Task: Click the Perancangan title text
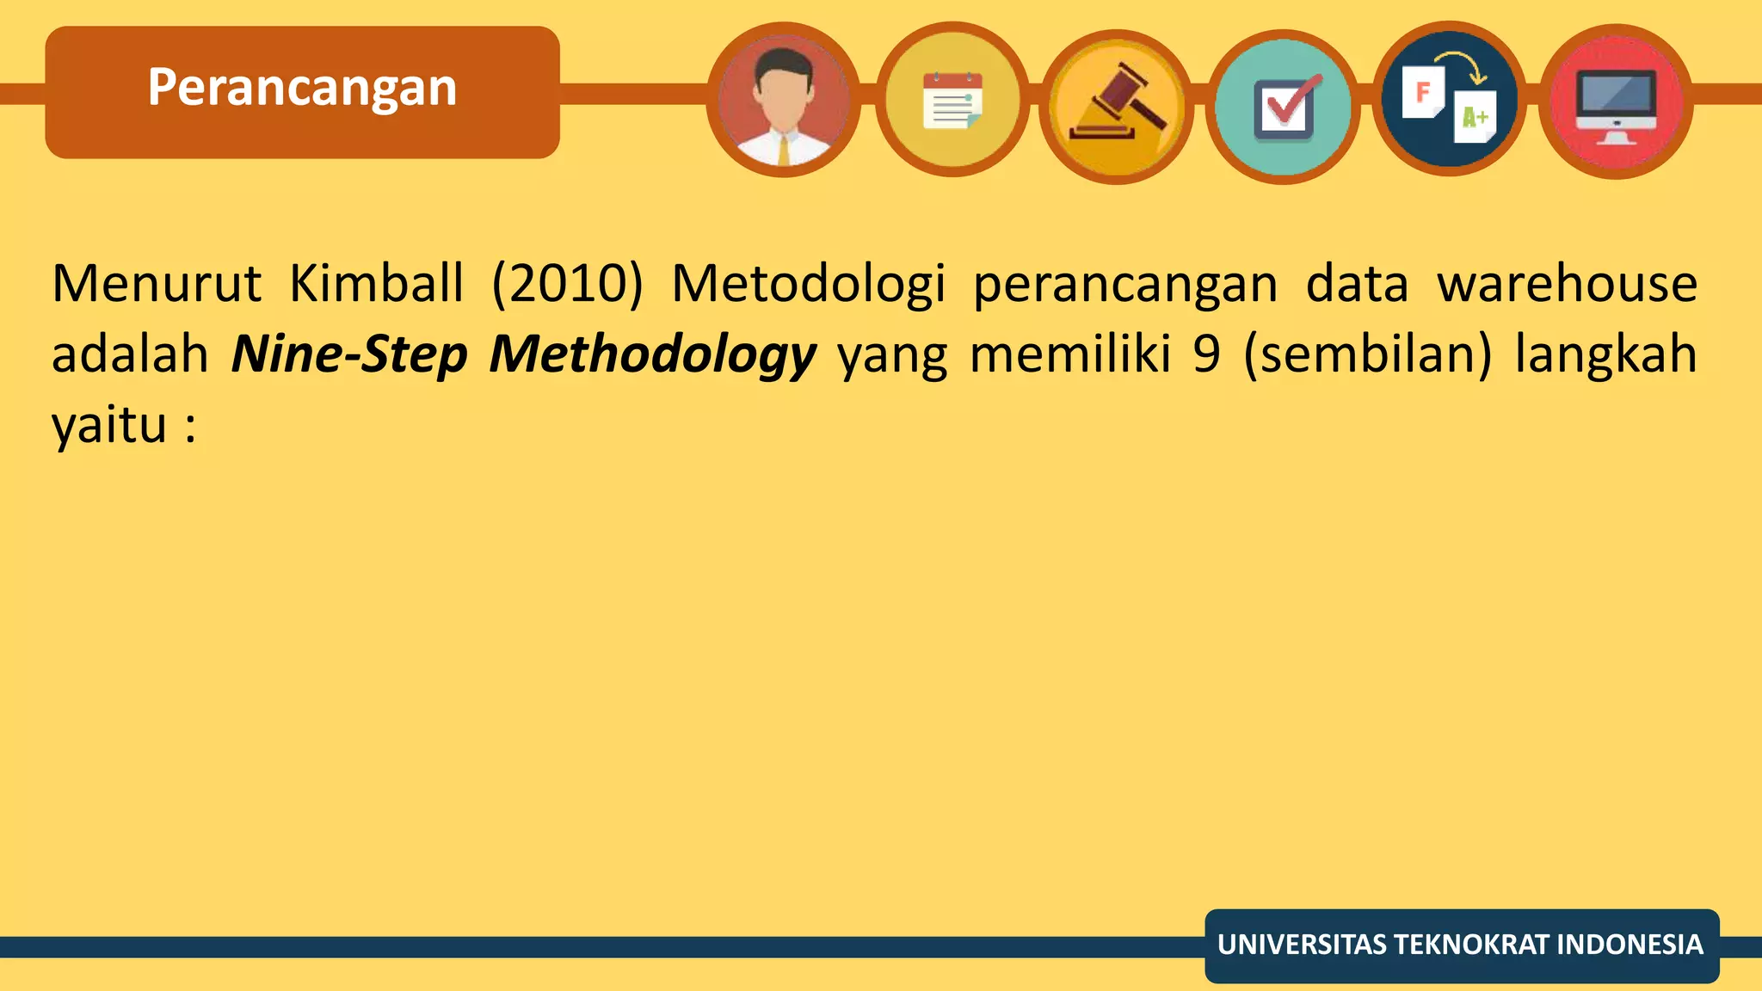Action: pyautogui.click(x=302, y=88)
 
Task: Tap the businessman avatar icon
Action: pyautogui.click(x=783, y=101)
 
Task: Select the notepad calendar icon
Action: pyautogui.click(x=952, y=101)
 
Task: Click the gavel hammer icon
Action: pyautogui.click(x=1117, y=106)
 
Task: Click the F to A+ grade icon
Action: pyautogui.click(x=1450, y=101)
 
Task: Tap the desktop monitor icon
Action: pyautogui.click(x=1616, y=103)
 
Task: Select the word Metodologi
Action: pyautogui.click(x=808, y=285)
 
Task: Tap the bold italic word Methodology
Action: pyautogui.click(x=652, y=355)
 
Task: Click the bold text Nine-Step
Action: pyautogui.click(x=349, y=355)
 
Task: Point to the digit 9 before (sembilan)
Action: pyautogui.click(x=1207, y=354)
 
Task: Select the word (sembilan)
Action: pyautogui.click(x=1368, y=354)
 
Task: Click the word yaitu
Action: pyautogui.click(x=108, y=425)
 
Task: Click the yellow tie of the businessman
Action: pyautogui.click(x=783, y=151)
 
